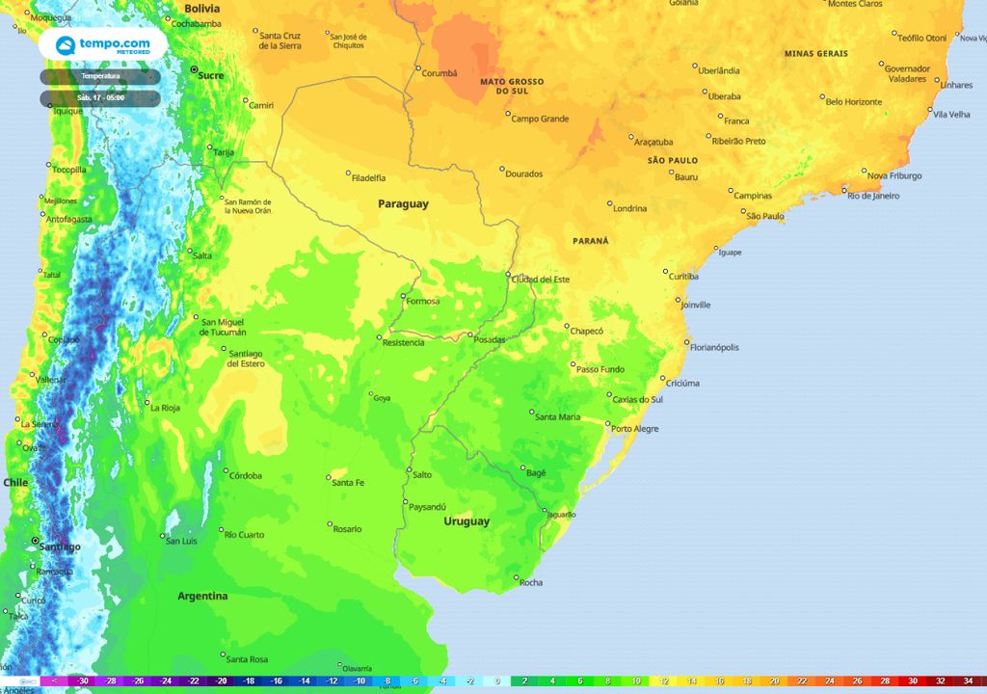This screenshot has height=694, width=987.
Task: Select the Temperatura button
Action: [100, 76]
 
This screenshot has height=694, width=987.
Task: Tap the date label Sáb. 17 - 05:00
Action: [100, 98]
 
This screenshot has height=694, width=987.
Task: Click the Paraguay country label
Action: [403, 204]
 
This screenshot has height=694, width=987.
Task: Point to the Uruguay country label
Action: [467, 521]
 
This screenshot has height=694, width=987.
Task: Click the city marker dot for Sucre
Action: [194, 70]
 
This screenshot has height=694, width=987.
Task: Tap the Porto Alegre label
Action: [635, 429]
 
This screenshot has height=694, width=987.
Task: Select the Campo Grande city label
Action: [540, 120]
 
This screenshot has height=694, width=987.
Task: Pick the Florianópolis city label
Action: [715, 347]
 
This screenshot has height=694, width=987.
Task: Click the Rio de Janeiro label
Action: [873, 196]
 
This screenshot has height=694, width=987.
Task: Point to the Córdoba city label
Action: [244, 475]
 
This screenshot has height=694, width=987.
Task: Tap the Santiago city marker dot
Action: [35, 542]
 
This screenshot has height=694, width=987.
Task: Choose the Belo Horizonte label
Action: [854, 102]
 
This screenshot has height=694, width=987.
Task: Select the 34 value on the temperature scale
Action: [968, 681]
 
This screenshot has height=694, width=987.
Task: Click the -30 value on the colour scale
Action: [84, 681]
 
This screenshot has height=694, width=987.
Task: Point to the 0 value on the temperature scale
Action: [497, 681]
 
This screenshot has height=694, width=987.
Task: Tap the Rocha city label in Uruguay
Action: [531, 582]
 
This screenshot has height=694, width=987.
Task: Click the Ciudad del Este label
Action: [541, 280]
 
